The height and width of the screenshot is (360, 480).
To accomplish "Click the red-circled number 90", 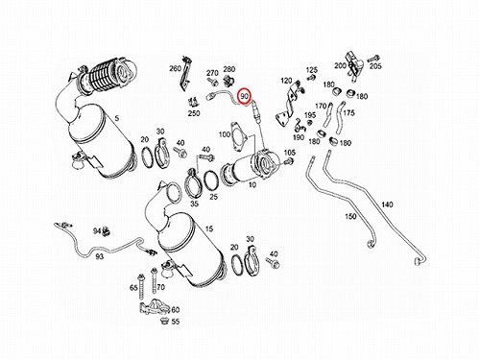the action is coord(245,96).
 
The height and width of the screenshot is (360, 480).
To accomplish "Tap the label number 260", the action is coord(175,68).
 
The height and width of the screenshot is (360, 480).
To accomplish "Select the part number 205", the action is coord(375,66).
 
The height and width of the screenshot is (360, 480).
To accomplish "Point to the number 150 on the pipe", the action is coord(350,216).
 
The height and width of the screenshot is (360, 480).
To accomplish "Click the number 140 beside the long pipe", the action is coord(387,204).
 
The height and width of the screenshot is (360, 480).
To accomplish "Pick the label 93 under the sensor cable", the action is coord(100,256).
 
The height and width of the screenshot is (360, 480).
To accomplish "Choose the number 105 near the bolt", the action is coord(290,153).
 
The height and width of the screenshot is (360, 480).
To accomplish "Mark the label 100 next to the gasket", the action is coord(225,134).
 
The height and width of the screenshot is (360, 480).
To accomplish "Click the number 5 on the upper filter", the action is coord(117,118).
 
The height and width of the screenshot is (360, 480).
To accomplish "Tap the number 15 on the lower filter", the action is coord(209,228).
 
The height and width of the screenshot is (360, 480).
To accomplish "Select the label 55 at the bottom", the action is coord(176,322).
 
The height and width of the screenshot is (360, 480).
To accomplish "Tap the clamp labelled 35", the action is coord(193,185).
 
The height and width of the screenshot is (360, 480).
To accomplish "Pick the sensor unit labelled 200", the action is coord(353,65).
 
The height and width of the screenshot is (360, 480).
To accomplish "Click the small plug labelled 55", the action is coord(165,321).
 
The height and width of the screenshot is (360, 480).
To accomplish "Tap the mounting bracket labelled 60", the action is coord(155,307).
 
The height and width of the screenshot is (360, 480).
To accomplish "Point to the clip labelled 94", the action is coord(106,231).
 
